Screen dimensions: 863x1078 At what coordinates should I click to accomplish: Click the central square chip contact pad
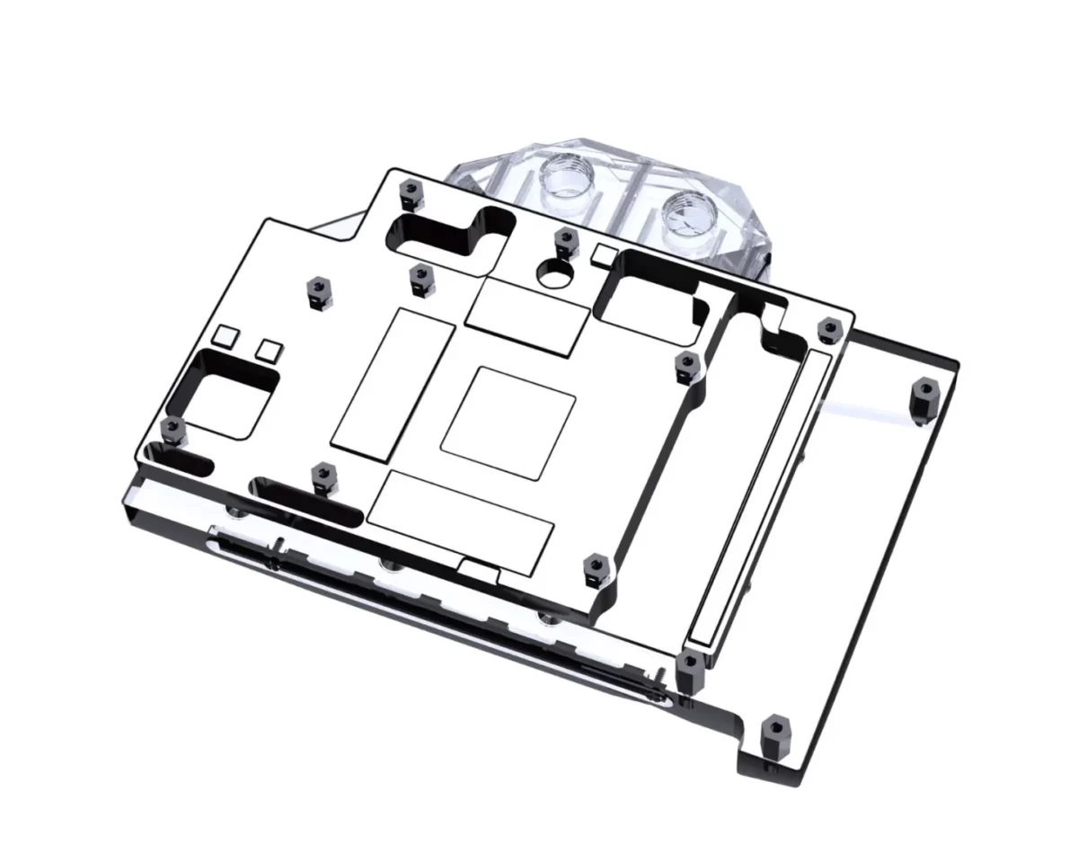click(x=508, y=422)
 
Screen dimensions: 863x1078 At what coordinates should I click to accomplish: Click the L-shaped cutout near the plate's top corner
click(x=445, y=232)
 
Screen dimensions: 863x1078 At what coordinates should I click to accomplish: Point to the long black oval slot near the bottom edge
click(x=305, y=499)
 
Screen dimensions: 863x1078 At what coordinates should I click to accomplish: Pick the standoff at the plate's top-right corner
click(x=826, y=330)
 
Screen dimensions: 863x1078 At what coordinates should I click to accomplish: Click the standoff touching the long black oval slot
click(x=322, y=476)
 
